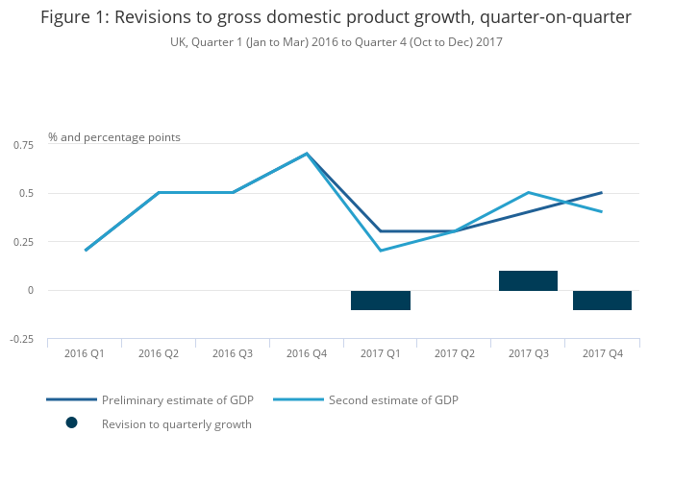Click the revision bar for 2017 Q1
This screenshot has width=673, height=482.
click(x=381, y=300)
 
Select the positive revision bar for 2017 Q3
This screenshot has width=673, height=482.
click(x=528, y=280)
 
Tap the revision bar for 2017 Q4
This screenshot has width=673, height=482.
click(x=602, y=300)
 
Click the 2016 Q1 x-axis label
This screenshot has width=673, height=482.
click(x=85, y=353)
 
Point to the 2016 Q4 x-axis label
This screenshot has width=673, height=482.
click(x=307, y=353)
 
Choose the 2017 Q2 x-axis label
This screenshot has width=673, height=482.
click(x=455, y=353)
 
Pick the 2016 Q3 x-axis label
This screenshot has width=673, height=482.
click(x=233, y=353)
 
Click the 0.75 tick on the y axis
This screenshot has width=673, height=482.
click(x=22, y=144)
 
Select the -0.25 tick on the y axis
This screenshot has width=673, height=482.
click(x=20, y=339)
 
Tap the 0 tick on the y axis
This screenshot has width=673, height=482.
click(x=30, y=290)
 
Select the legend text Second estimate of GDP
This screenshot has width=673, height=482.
click(x=393, y=399)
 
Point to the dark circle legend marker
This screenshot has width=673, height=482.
click(x=71, y=423)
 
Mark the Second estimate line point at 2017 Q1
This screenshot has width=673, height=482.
click(x=381, y=251)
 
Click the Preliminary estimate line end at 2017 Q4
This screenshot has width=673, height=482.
click(x=602, y=192)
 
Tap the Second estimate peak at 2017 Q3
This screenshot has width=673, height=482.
click(x=528, y=192)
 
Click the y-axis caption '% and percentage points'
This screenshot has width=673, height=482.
click(x=114, y=137)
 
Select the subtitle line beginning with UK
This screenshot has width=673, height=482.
click(x=336, y=42)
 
